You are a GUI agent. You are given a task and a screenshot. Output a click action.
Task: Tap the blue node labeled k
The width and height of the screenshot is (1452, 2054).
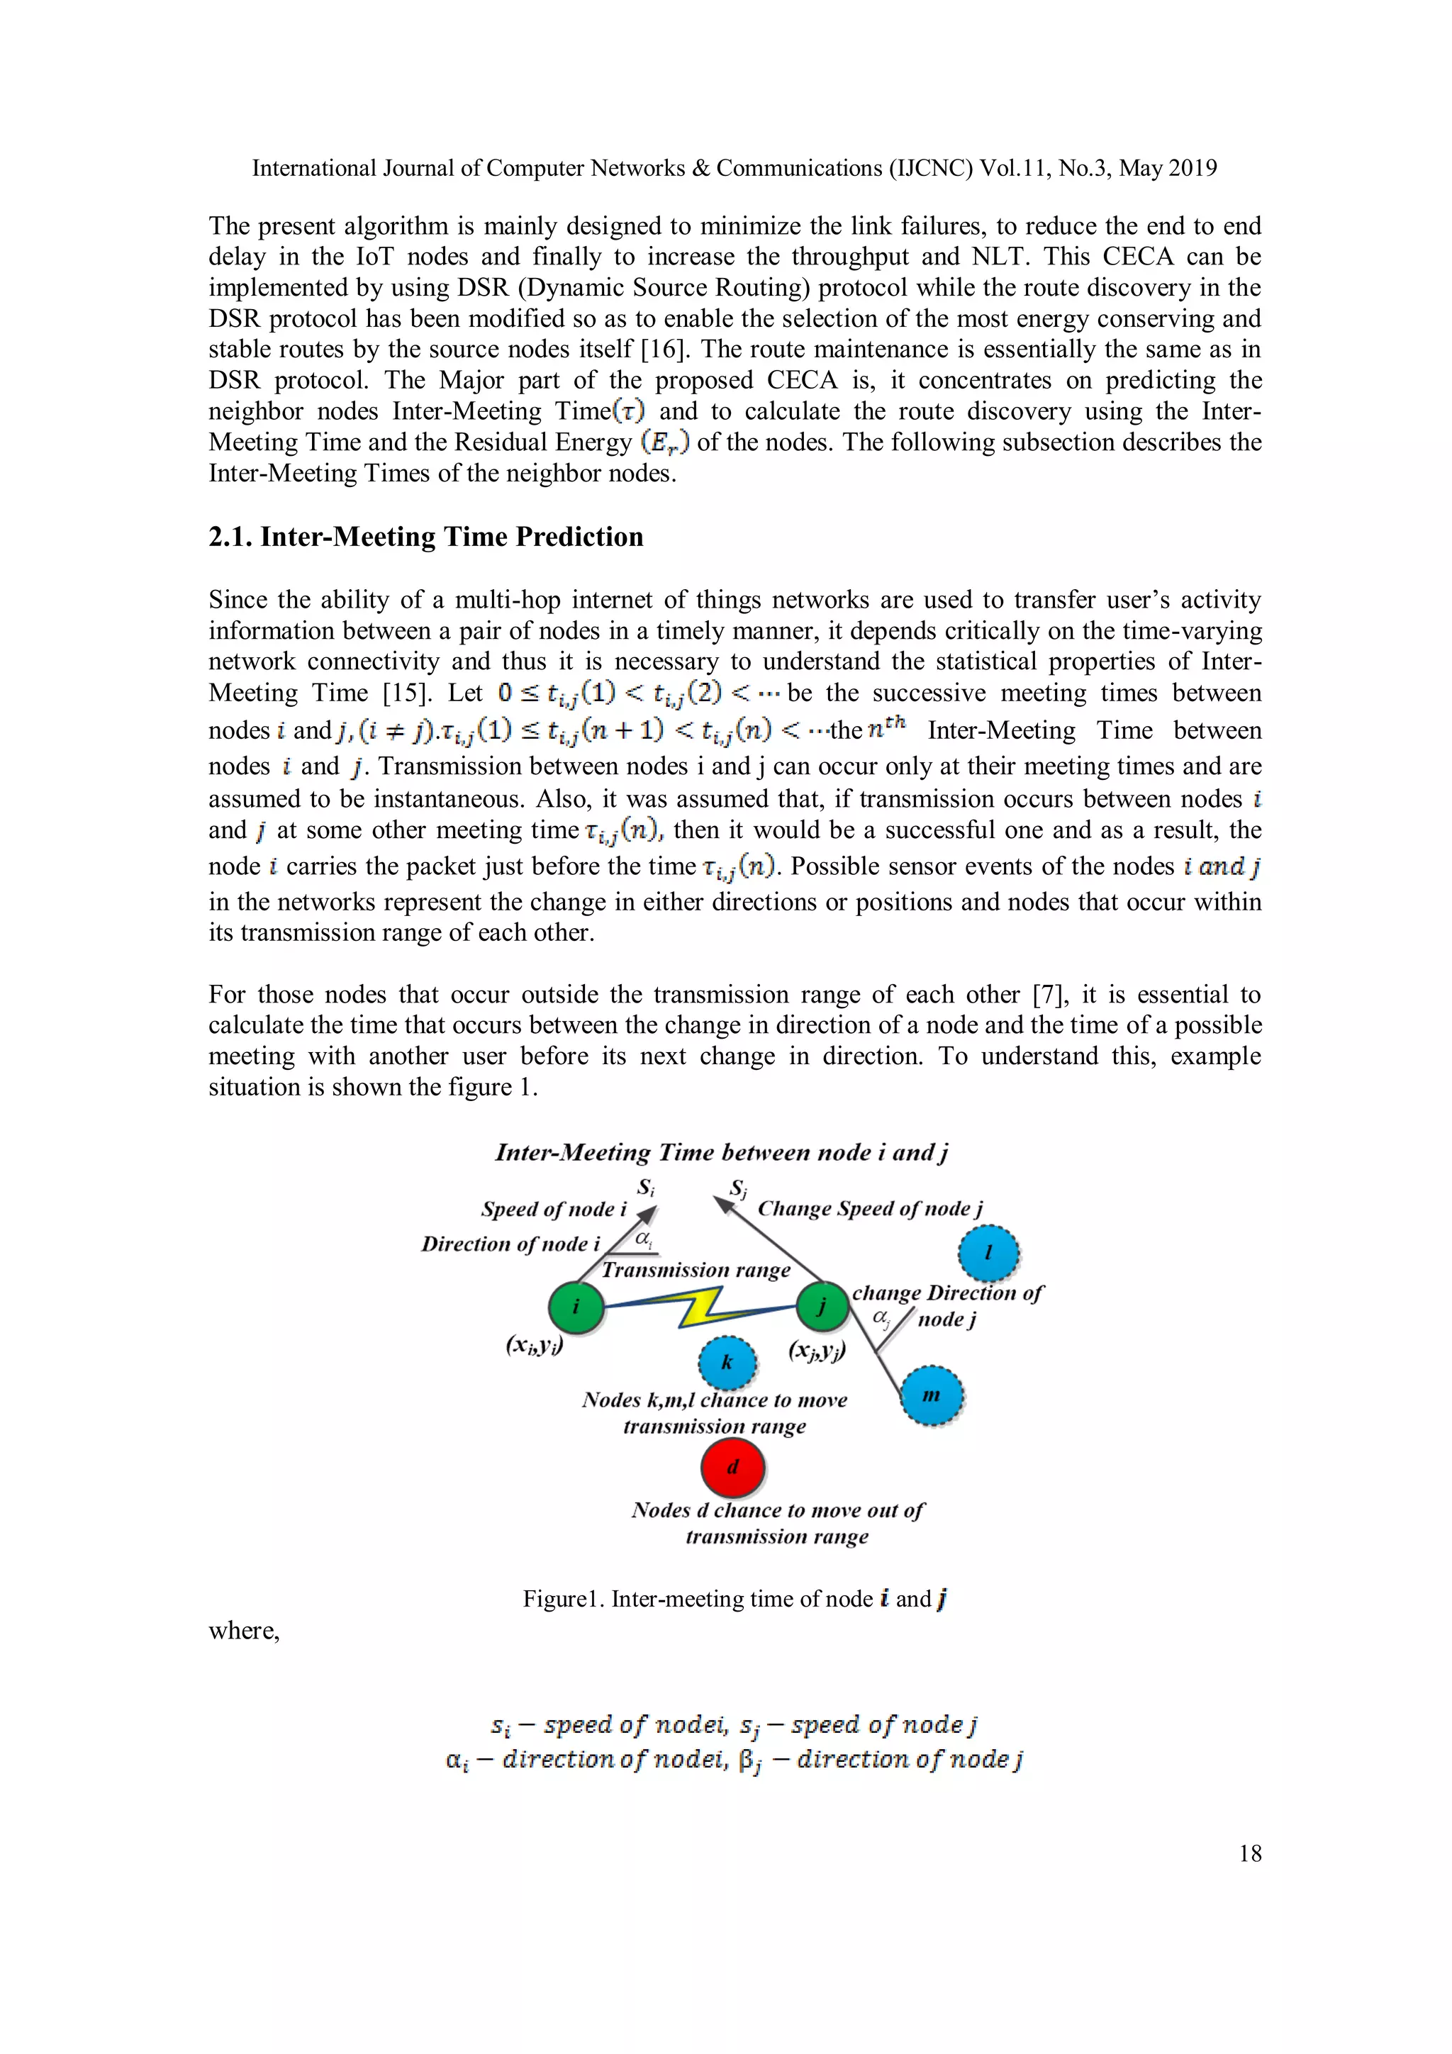coord(727,1363)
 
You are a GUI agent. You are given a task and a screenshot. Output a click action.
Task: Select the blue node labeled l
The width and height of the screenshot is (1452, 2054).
coord(988,1252)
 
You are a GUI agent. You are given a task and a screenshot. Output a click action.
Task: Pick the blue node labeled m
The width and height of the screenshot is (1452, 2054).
coord(932,1395)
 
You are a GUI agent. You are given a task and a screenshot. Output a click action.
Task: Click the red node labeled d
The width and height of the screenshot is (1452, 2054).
coord(732,1467)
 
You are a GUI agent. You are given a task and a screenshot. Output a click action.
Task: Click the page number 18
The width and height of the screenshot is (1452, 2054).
coord(1250,1853)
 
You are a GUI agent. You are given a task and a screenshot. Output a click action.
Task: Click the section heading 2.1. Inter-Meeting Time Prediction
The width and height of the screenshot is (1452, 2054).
coord(426,537)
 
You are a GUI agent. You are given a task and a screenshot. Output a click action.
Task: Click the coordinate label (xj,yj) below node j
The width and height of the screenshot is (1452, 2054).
coord(817,1350)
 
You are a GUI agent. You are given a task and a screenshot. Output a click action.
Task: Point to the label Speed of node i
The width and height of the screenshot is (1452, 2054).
coord(554,1210)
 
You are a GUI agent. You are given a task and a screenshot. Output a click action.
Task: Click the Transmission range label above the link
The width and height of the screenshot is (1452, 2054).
coord(696,1271)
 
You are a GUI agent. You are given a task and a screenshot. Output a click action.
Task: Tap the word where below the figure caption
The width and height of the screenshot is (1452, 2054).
coord(244,1631)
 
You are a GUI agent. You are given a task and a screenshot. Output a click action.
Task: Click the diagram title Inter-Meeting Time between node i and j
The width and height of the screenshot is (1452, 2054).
coord(721,1153)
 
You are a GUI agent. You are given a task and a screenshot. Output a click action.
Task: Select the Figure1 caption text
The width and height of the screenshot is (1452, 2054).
coord(735,1600)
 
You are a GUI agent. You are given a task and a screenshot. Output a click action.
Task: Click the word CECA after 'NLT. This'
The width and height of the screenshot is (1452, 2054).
coord(1137,257)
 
